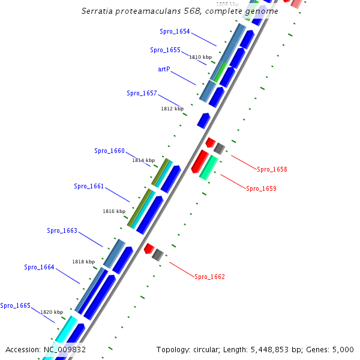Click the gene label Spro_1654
pos(175,31)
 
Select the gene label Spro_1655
pos(165,50)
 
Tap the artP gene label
pos(164,69)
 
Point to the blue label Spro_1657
pos(142,93)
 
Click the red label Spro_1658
pos(272,169)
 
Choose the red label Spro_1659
pos(261,188)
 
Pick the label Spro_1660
pos(109,151)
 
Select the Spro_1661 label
pos(89,186)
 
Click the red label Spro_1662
pos(209,277)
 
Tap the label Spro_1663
pos(62,230)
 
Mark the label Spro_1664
pos(39,267)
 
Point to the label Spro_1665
pos(16,305)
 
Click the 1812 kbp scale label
pos(172,109)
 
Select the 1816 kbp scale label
pos(114,211)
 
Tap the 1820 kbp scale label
pos(52,312)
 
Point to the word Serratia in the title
pos(98,11)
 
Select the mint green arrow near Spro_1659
pos(208,167)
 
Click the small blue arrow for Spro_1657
pos(203,120)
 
